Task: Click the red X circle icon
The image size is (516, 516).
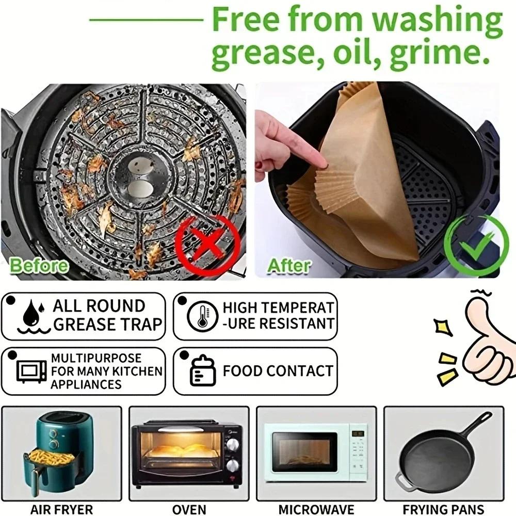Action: tap(208, 241)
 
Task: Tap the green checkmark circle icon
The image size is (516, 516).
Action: tap(469, 240)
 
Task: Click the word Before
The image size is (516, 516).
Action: tap(39, 266)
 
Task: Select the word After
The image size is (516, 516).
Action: tap(289, 266)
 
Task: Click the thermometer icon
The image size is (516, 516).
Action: tap(199, 316)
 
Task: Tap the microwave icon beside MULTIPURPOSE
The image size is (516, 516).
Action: tap(31, 370)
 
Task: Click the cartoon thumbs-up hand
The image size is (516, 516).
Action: tap(485, 351)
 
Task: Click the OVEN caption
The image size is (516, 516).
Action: tap(189, 508)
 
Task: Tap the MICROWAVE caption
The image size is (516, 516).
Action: tap(316, 508)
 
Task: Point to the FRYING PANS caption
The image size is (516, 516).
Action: tap(444, 508)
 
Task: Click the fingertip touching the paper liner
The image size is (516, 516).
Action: tap(323, 164)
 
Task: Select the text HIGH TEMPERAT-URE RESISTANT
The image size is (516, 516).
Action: tap(278, 316)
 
